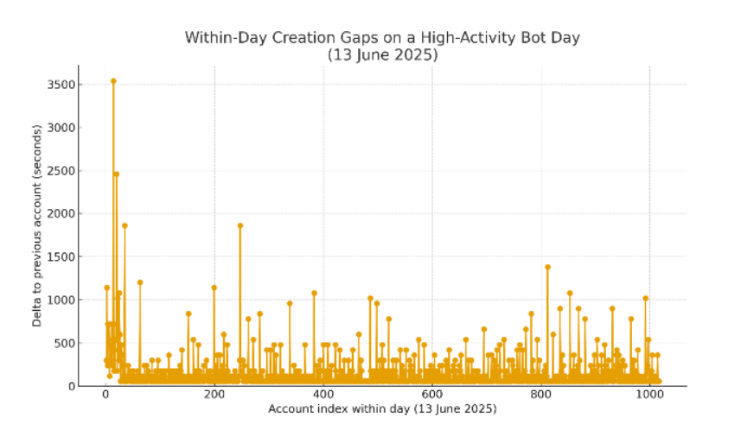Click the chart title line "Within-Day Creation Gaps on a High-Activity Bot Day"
[x=382, y=38]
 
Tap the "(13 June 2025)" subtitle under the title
[x=382, y=54]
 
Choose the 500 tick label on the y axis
[x=62, y=344]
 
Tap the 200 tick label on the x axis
[x=214, y=396]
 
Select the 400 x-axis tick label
[x=323, y=396]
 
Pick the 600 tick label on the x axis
[x=432, y=396]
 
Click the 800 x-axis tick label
[x=541, y=396]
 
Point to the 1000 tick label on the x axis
[x=650, y=396]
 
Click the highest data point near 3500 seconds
[x=113, y=81]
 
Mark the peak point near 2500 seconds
[x=116, y=174]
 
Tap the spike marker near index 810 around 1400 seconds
[x=547, y=267]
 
